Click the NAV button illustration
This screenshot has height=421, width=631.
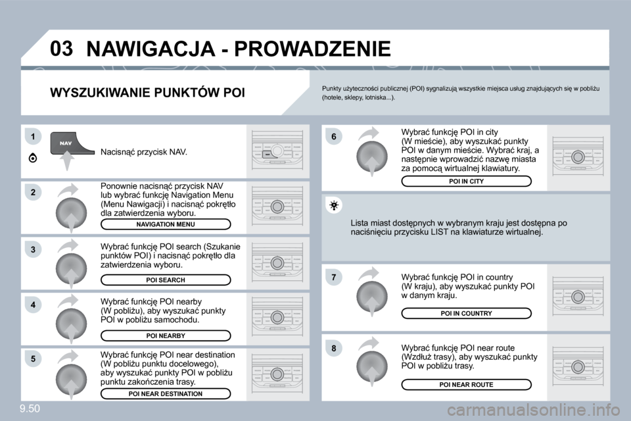pyautogui.click(x=66, y=143)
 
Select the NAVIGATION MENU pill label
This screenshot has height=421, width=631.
pyautogui.click(x=166, y=224)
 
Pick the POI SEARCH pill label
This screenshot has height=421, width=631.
pyautogui.click(x=166, y=280)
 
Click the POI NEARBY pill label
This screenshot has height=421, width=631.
pyautogui.click(x=166, y=335)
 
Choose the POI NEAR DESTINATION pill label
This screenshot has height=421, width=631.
pyautogui.click(x=166, y=393)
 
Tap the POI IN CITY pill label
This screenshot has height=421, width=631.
pyautogui.click(x=466, y=181)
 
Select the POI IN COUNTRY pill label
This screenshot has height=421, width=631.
pyautogui.click(x=466, y=314)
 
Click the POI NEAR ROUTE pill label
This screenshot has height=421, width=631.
pyautogui.click(x=466, y=384)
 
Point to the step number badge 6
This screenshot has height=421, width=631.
pyautogui.click(x=334, y=136)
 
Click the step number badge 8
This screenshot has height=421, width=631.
pyautogui.click(x=334, y=347)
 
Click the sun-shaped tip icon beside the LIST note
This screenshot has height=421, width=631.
pyautogui.click(x=334, y=207)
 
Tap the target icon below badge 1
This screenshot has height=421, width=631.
pyautogui.click(x=33, y=159)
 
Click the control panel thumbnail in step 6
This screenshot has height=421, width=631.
pyautogui.click(x=578, y=157)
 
